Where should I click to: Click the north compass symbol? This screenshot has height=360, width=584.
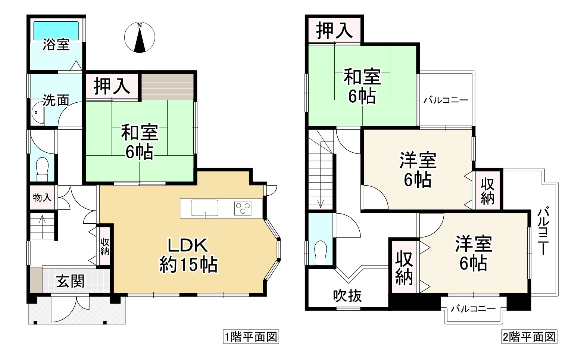(140, 37)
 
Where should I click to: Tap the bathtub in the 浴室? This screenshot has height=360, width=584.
(56, 30)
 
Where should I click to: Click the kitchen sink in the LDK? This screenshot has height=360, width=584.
(204, 208)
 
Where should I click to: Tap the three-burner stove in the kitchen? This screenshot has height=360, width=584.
(243, 208)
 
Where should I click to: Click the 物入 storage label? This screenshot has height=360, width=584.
(42, 198)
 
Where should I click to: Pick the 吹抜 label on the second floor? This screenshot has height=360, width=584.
(347, 296)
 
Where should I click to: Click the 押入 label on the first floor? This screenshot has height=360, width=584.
(112, 86)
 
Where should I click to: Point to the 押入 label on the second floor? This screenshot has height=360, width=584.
(335, 30)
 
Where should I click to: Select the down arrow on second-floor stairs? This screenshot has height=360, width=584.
(320, 203)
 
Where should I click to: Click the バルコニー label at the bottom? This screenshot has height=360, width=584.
(473, 309)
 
